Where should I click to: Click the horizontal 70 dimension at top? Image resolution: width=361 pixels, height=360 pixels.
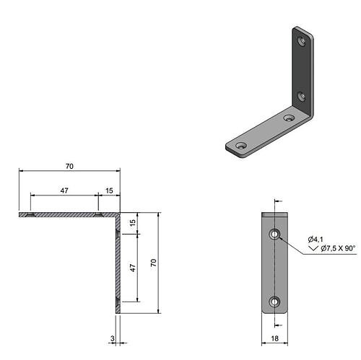pyautogui.click(x=69, y=166)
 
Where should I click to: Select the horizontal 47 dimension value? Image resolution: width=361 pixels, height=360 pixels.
pyautogui.click(x=64, y=190)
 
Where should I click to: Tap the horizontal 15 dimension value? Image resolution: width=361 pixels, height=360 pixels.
pyautogui.click(x=109, y=190)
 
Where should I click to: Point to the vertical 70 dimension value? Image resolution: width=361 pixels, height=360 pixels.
pyautogui.click(x=154, y=263)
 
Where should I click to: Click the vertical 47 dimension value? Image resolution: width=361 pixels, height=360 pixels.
pyautogui.click(x=133, y=268)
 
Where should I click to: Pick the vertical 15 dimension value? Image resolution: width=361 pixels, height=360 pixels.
pyautogui.click(x=133, y=223)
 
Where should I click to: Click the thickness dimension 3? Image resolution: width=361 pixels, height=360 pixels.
pyautogui.click(x=113, y=338)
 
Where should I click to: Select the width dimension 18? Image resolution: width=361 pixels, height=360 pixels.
pyautogui.click(x=274, y=338)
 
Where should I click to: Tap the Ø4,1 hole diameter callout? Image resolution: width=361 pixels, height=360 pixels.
pyautogui.click(x=316, y=240)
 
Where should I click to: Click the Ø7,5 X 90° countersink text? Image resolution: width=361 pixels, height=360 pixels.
pyautogui.click(x=338, y=248)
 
